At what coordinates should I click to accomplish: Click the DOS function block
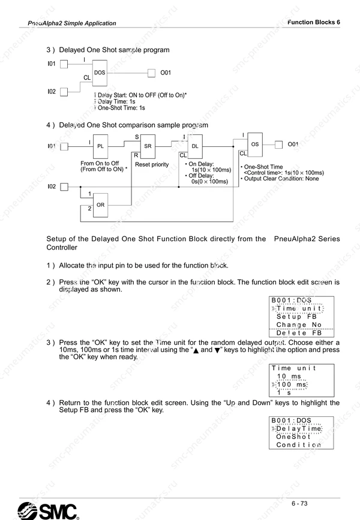point(100,73)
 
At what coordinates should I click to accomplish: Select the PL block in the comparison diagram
point(100,146)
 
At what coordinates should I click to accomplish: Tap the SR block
point(148,146)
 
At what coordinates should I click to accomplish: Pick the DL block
point(195,146)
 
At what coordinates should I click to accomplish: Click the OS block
point(255,145)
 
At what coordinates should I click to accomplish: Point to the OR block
point(100,205)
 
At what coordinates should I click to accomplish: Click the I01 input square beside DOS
point(64,64)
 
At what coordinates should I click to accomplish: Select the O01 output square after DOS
point(151,73)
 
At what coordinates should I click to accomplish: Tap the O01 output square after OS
point(278,145)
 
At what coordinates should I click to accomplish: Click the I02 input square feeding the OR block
point(64,187)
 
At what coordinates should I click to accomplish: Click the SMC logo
point(48,511)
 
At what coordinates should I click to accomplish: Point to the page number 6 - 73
point(299,503)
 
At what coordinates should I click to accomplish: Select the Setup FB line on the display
point(296,317)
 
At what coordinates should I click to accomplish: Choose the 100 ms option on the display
point(292,384)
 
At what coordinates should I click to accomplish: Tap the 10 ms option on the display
point(289,377)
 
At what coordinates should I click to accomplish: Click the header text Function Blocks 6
point(314,22)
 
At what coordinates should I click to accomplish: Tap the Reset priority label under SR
point(152,164)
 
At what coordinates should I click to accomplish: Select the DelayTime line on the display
point(299,429)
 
